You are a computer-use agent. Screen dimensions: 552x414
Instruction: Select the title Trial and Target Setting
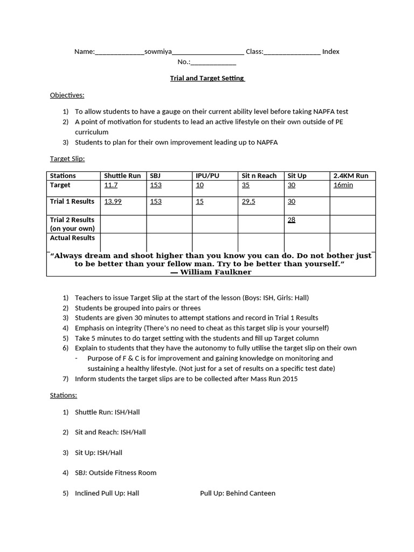pos(207,78)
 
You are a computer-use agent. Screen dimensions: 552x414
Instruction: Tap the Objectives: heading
pos(67,95)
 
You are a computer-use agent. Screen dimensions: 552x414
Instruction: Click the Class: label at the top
pos(254,52)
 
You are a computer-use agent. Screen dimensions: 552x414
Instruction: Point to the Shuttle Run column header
pos(122,176)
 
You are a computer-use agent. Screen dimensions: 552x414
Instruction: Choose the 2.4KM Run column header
pos(351,176)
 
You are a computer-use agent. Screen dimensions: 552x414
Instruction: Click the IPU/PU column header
pos(208,176)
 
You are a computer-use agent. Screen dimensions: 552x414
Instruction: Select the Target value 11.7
pos(111,185)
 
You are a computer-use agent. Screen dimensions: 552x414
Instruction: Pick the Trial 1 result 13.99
pos(113,202)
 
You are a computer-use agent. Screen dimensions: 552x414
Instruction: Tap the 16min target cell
pos(343,185)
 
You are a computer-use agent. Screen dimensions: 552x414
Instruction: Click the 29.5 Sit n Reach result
pos(249,202)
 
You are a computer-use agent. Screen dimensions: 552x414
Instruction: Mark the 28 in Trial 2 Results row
pos(291,220)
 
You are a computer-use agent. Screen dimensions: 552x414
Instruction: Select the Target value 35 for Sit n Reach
pos(246,185)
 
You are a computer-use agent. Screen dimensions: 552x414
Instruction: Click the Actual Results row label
pos(72,238)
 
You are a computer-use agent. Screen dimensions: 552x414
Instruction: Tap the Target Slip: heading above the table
pos(67,159)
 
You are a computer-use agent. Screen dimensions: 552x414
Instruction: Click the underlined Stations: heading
pos(64,395)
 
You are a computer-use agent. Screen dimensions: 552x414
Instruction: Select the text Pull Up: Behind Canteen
pos(237,493)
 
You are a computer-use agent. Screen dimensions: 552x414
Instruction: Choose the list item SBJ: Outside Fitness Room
pos(115,473)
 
